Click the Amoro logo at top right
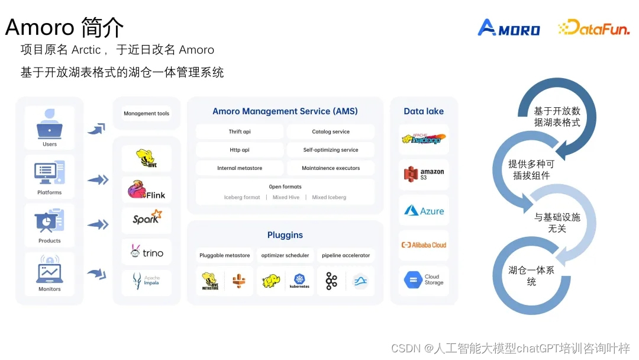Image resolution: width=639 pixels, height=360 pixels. pyautogui.click(x=508, y=28)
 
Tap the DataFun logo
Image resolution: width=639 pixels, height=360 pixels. pyautogui.click(x=593, y=28)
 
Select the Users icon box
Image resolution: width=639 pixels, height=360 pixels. pyautogui.click(x=50, y=127)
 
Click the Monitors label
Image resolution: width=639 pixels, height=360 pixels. pyautogui.click(x=50, y=289)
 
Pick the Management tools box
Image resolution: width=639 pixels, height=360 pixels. pyautogui.click(x=146, y=113)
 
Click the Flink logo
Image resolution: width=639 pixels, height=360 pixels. pyautogui.click(x=146, y=191)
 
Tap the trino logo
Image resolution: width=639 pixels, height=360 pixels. pyautogui.click(x=146, y=252)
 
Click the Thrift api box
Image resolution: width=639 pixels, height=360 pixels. pyautogui.click(x=240, y=131)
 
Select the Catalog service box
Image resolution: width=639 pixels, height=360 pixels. pyautogui.click(x=331, y=131)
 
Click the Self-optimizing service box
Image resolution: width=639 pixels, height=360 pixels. pyautogui.click(x=331, y=150)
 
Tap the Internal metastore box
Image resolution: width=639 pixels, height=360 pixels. pyautogui.click(x=240, y=168)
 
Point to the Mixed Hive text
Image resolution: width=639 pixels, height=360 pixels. pyautogui.click(x=286, y=197)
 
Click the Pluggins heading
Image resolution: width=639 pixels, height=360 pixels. pyautogui.click(x=285, y=235)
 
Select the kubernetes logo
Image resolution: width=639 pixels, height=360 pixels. pyautogui.click(x=299, y=281)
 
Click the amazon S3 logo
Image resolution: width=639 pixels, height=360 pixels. pyautogui.click(x=424, y=173)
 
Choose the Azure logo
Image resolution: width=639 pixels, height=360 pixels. pyautogui.click(x=424, y=211)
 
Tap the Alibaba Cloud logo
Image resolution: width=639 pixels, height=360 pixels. pyautogui.click(x=424, y=245)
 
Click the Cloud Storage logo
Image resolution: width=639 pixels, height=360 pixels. pyautogui.click(x=424, y=279)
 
